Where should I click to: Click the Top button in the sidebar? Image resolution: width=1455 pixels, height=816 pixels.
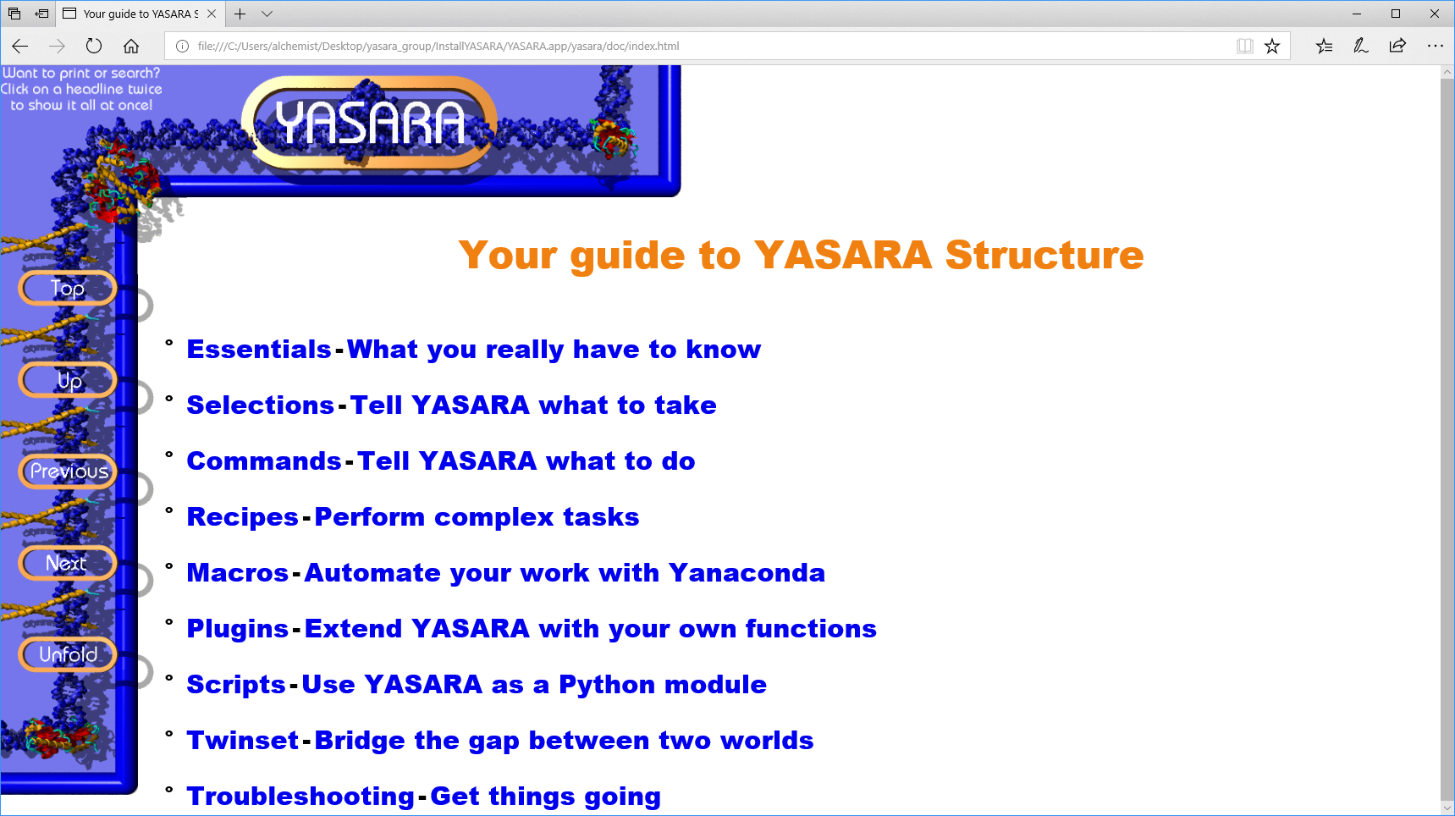click(67, 289)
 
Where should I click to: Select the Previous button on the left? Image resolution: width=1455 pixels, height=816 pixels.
click(68, 471)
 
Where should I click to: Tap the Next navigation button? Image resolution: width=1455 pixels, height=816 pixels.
click(67, 563)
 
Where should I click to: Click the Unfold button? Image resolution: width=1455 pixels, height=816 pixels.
click(68, 654)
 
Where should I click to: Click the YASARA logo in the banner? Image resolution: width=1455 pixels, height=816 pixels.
click(370, 124)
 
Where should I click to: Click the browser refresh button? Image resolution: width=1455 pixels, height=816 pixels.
click(94, 46)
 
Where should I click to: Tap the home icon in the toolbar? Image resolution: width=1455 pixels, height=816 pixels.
click(131, 46)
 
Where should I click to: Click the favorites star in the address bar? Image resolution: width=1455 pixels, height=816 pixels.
click(1271, 46)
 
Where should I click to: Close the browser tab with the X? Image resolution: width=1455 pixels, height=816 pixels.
click(212, 14)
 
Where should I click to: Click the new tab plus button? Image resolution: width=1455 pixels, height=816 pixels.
click(240, 14)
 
